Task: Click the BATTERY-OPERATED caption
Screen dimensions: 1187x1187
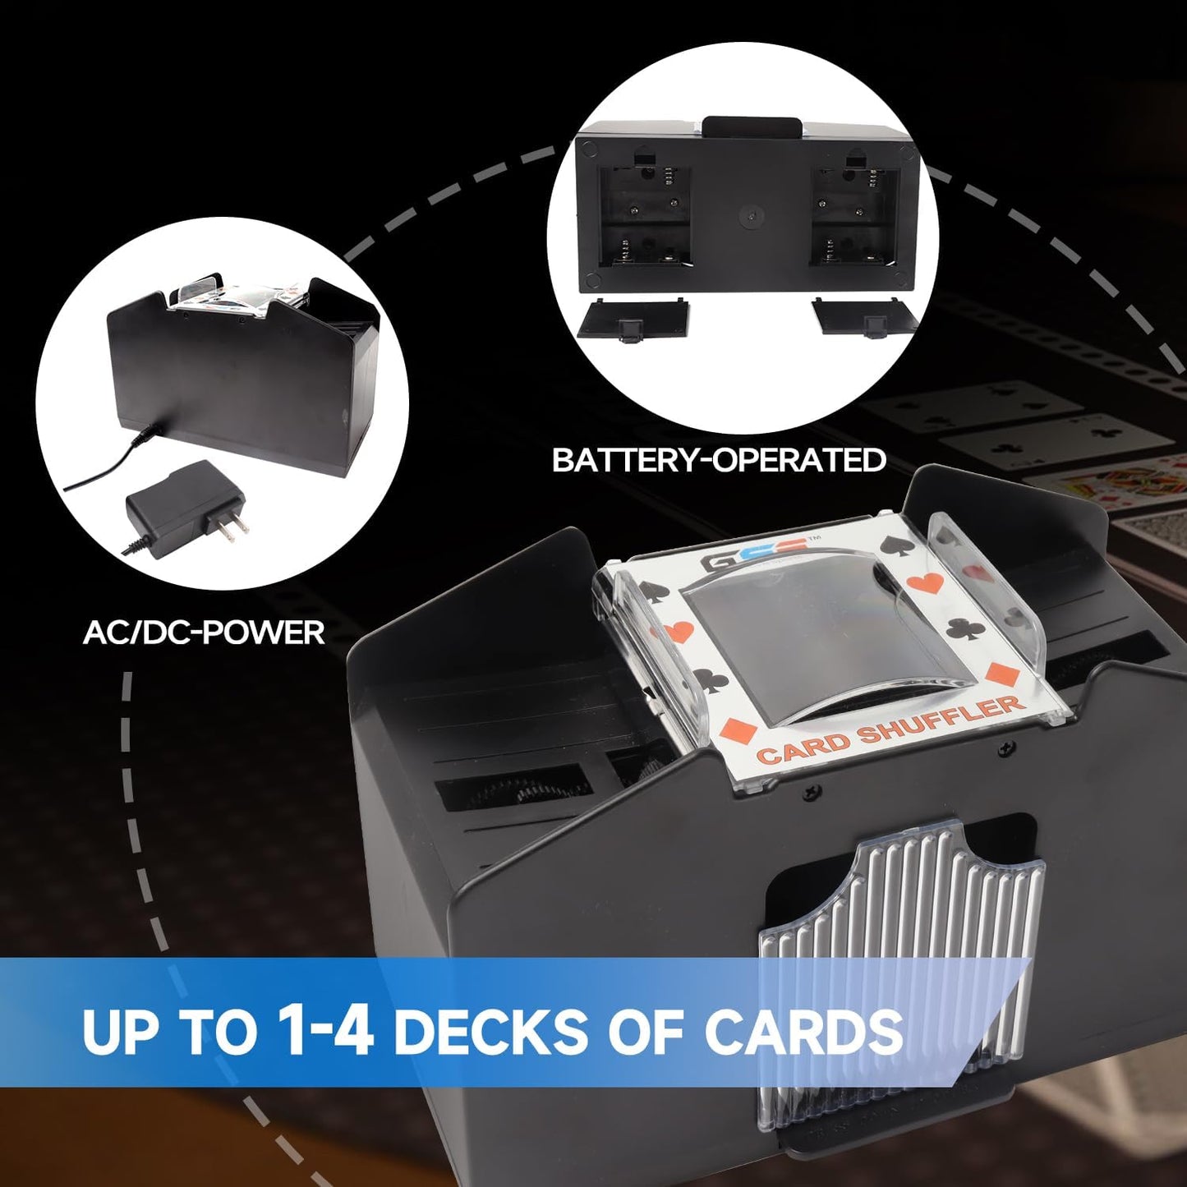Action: [719, 460]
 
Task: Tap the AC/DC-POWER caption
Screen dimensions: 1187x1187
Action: [204, 633]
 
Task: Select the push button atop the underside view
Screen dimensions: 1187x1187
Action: [752, 127]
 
